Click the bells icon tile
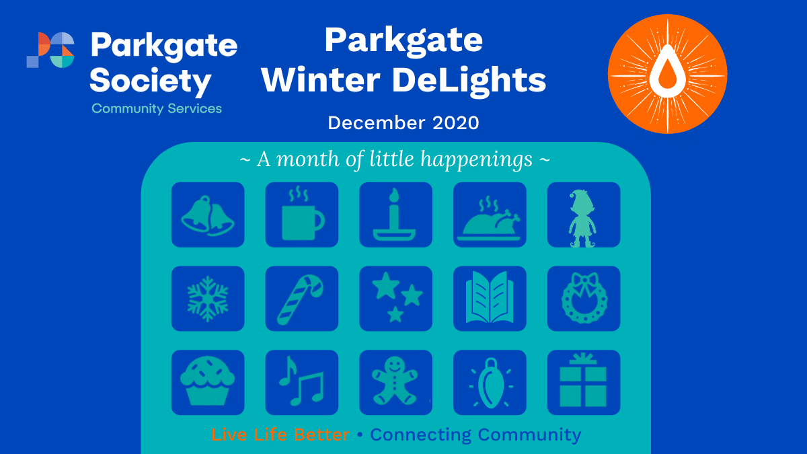pos(208,215)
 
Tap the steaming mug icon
pos(302,215)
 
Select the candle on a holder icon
pos(396,215)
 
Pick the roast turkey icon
pos(490,215)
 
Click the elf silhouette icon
pos(584,215)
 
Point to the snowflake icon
pos(208,299)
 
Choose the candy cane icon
pos(302,299)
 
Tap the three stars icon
pos(396,299)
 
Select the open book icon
pos(490,299)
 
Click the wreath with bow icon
pos(584,299)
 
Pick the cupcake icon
pos(208,383)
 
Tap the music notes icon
pos(302,383)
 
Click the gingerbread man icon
pos(396,383)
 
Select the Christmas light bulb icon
pos(490,383)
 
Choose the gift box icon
pos(584,383)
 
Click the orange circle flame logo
pos(668,74)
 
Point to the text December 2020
pos(403,123)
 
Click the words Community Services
pos(157,109)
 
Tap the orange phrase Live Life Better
pos(280,434)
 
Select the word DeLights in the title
pos(469,81)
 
